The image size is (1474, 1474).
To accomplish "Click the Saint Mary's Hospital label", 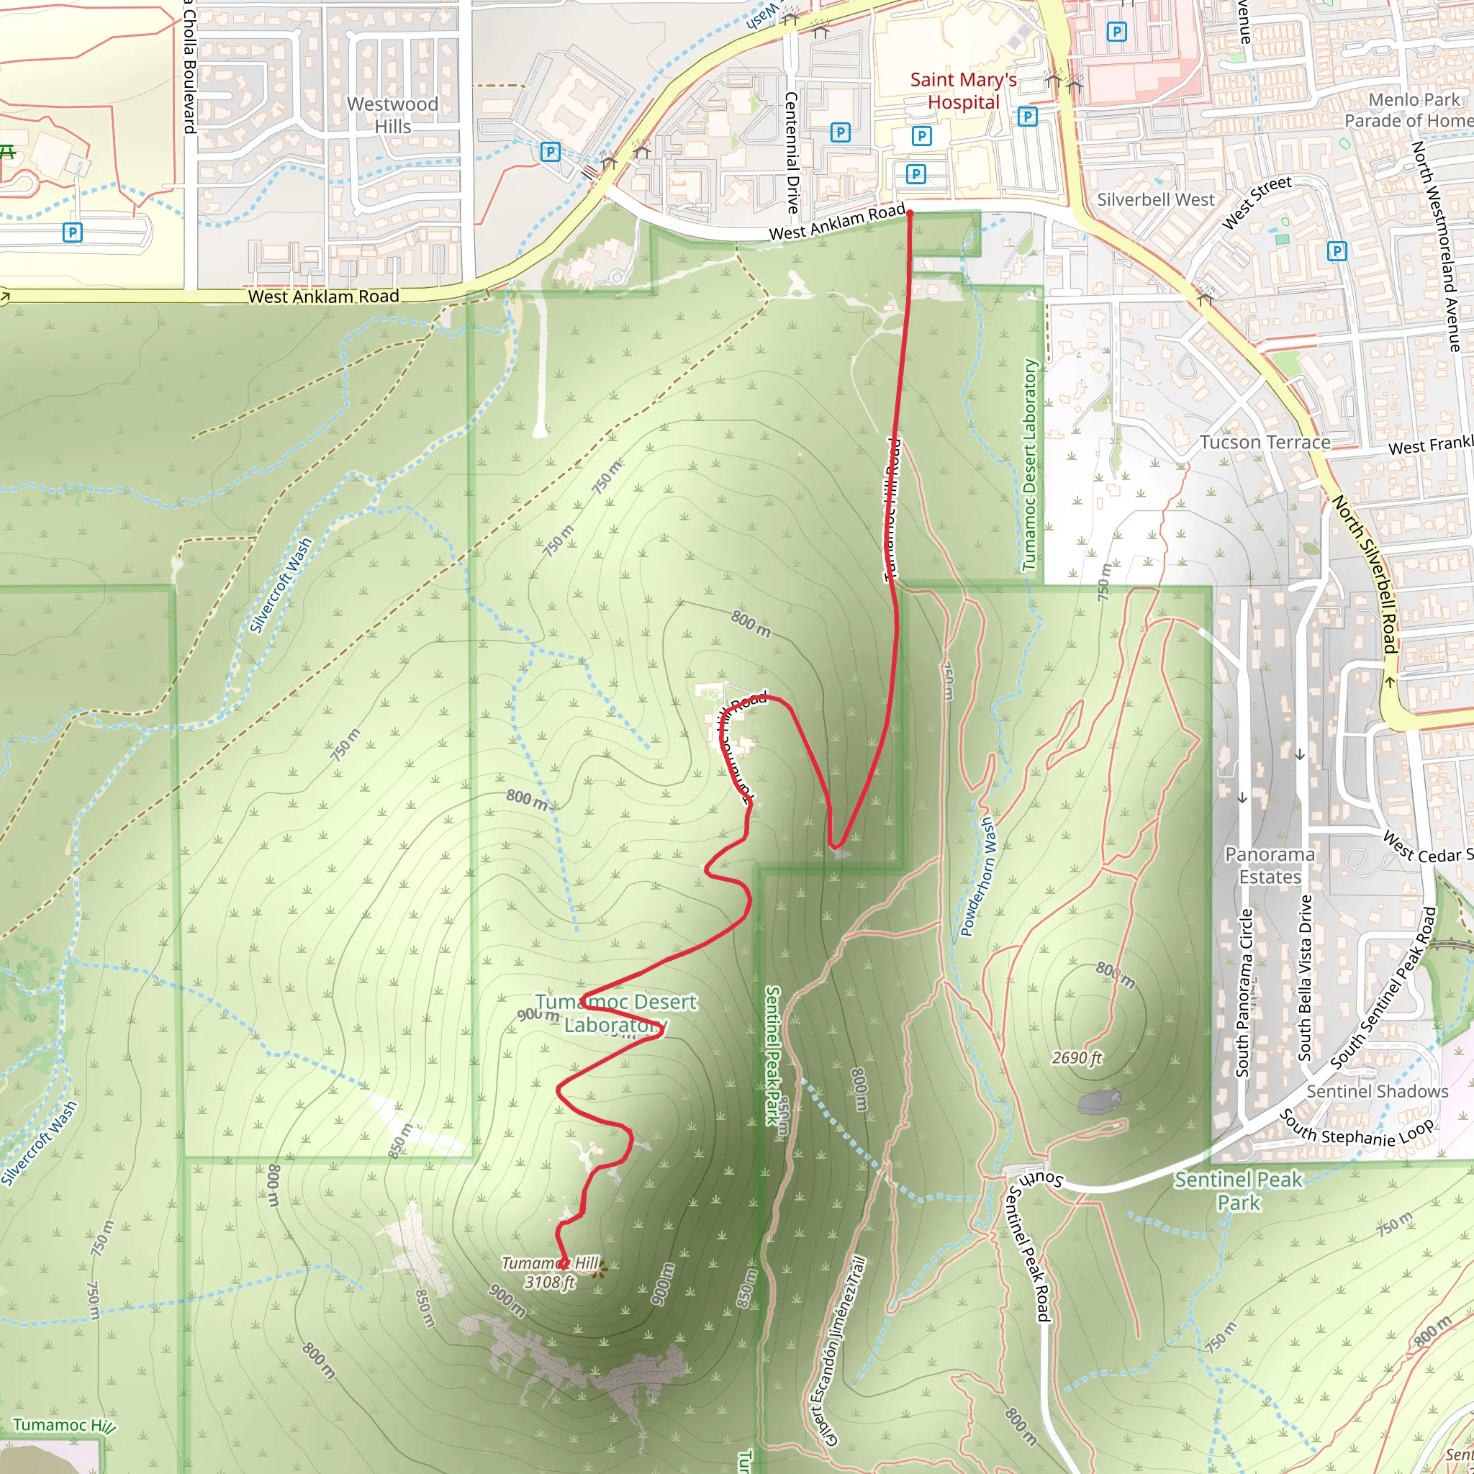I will (963, 91).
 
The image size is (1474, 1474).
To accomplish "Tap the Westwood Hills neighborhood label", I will (392, 115).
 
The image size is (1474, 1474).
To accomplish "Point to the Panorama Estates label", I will (1270, 865).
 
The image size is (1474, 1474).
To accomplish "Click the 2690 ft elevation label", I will (1077, 1057).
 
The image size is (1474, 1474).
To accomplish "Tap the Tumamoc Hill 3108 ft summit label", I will (549, 1272).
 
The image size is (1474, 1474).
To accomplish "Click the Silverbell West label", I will (1155, 200).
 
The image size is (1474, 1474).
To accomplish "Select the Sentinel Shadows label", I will (1376, 1091).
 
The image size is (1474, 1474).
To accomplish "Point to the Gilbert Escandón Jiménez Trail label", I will (838, 1351).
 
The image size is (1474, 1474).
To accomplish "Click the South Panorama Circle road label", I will (1243, 992).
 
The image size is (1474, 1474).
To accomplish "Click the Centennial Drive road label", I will (791, 153).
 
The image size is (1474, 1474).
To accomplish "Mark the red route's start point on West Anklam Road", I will (910, 214).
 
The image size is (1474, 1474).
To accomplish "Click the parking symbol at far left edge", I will (73, 232).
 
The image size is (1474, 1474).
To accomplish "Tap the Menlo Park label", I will (1413, 100).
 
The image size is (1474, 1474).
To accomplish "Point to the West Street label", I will (1256, 202).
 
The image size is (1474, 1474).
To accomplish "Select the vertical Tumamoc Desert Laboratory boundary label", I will (1030, 466).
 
